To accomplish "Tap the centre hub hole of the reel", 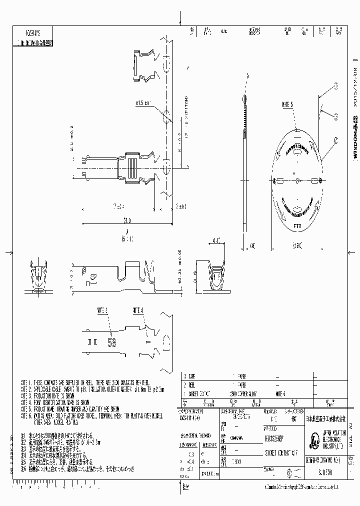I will pos(296,180).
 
